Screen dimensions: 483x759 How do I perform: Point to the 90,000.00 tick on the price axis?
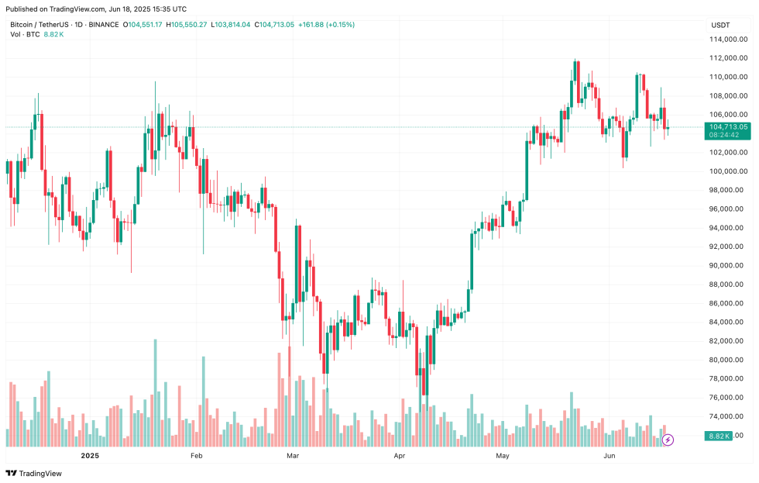(x=730, y=265)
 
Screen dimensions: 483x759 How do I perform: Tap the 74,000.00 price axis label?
(x=730, y=416)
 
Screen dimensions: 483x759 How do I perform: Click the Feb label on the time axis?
(x=197, y=457)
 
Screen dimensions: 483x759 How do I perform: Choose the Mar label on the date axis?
(x=292, y=457)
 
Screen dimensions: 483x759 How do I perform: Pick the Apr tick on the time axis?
(x=399, y=457)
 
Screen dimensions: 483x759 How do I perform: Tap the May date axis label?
(x=503, y=457)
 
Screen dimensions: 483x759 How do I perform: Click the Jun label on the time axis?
(x=610, y=457)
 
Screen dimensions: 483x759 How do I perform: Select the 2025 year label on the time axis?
(x=91, y=457)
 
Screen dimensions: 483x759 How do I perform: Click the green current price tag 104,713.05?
(x=727, y=126)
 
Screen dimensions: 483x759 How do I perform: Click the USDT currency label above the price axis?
(x=720, y=25)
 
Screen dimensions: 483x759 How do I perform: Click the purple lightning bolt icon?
(x=668, y=440)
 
